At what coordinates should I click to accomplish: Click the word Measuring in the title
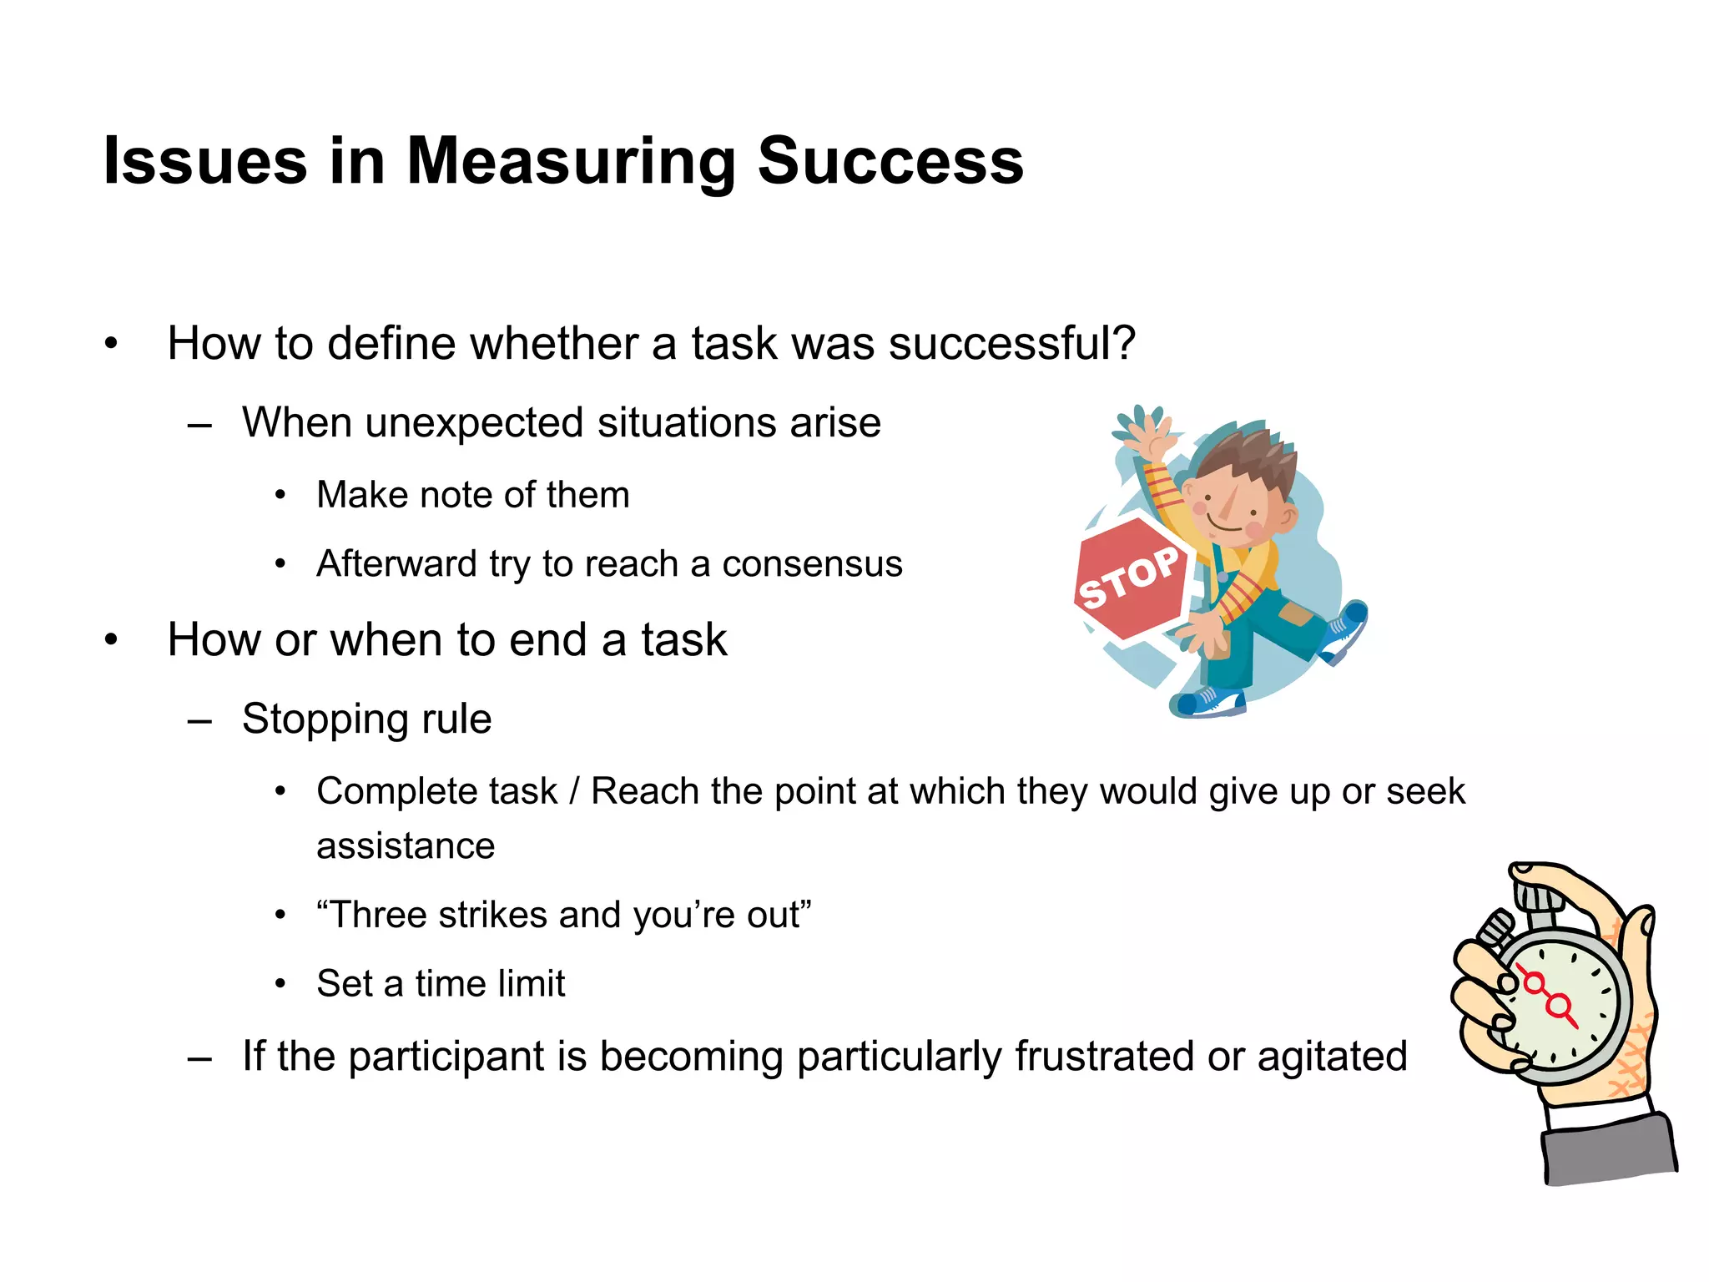(x=571, y=161)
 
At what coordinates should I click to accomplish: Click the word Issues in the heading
(x=205, y=161)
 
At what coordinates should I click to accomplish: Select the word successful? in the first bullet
(x=1011, y=344)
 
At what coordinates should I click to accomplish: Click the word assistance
(x=406, y=846)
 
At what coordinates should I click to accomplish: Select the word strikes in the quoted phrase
(x=492, y=915)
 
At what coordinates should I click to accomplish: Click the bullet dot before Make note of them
(x=281, y=496)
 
